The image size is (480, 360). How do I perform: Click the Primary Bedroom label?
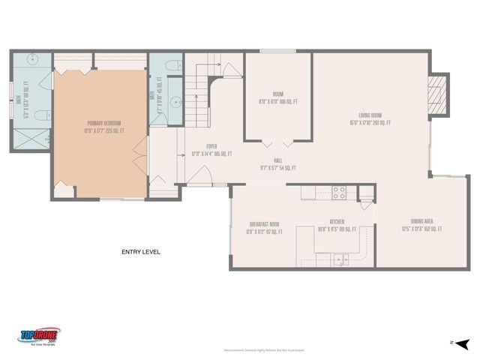[x=103, y=127]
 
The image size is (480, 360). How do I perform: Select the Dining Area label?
[x=416, y=225]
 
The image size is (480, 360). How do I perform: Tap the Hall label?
[x=277, y=163]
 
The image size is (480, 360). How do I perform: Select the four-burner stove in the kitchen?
[x=339, y=191]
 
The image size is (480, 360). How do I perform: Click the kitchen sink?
[x=340, y=260]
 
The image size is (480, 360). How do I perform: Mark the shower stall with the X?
[x=30, y=138]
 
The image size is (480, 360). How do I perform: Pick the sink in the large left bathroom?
[x=34, y=60]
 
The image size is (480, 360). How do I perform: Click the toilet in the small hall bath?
[x=169, y=65]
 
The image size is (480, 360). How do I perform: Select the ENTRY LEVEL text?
[x=141, y=252]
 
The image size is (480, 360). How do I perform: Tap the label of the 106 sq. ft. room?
[x=278, y=97]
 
